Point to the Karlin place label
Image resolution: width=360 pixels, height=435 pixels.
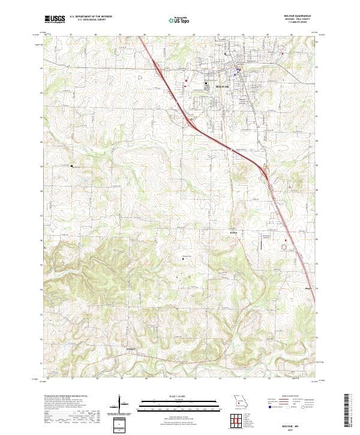click(234, 232)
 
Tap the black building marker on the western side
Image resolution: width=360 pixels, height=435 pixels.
click(72, 166)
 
